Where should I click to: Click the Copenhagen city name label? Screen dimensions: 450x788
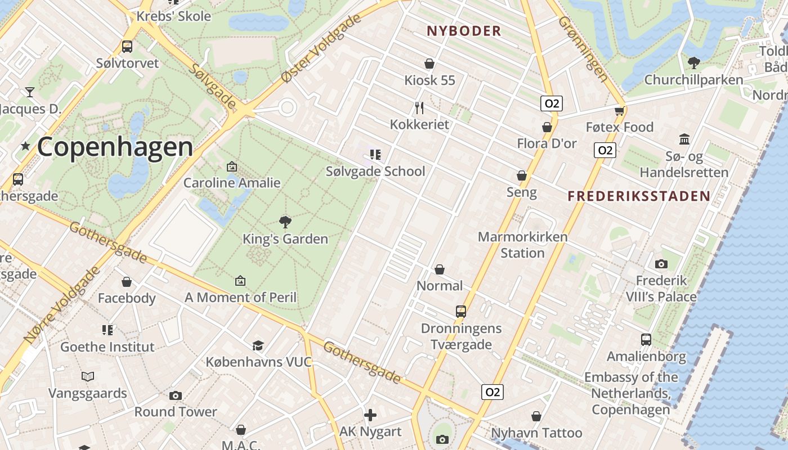coord(115,147)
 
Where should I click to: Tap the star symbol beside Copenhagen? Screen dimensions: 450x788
coord(25,146)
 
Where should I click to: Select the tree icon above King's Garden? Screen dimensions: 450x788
coord(285,222)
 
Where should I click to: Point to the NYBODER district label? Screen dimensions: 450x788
coord(464,31)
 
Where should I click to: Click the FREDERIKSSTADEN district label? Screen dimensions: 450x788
coord(639,196)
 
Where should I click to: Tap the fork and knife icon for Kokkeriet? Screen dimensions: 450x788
coord(419,107)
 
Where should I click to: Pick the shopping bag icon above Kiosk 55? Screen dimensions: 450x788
coord(429,64)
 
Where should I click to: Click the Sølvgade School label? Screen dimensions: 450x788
coord(375,172)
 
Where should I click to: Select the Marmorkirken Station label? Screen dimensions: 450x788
coord(522,245)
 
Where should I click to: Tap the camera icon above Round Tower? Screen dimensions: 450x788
coord(176,395)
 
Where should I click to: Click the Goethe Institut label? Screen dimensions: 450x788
coord(108,346)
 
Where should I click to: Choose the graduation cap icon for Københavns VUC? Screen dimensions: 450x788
coord(258,345)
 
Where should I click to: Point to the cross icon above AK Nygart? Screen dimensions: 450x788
coord(370,415)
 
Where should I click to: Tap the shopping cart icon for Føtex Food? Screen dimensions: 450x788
coord(620,111)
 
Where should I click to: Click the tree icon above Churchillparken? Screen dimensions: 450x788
coord(694,62)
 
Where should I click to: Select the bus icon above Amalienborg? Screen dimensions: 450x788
coord(646,340)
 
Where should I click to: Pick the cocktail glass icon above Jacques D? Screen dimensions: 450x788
coord(29,92)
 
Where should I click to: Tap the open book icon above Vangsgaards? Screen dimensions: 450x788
coord(87,376)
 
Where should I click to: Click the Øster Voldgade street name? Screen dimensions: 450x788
coord(321,49)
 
